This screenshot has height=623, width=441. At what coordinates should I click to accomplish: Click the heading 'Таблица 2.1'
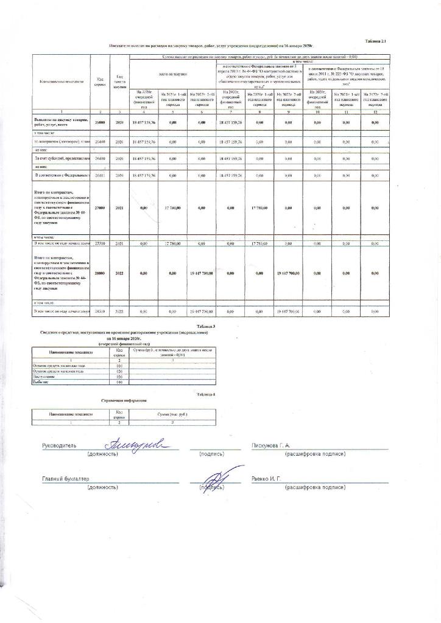pos(375,40)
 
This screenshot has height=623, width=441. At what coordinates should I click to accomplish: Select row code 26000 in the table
pos(101,122)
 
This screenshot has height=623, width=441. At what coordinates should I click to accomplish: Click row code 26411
pos(101,175)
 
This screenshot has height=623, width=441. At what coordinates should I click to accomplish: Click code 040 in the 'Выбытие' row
pos(119,383)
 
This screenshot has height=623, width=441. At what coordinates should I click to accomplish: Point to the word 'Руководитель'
pos(59,446)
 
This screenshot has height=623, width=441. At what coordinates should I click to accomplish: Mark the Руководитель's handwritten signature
pos(138,442)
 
